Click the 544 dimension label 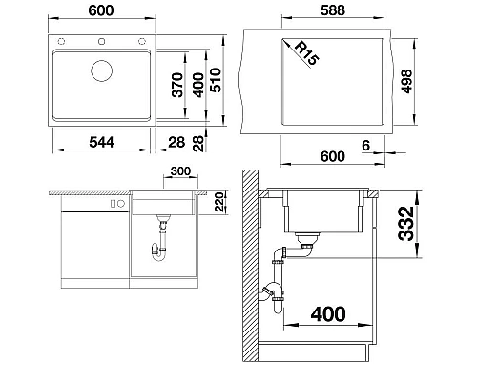coord(102,142)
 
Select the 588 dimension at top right coord(333,10)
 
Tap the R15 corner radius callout coord(306,53)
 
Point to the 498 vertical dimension coord(406,82)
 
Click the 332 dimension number coord(406,224)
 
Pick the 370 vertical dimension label coord(177,85)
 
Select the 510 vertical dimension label coord(216,80)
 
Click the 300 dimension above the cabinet coord(180,171)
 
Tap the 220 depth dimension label coord(219,202)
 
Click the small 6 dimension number coord(366,146)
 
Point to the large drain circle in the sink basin coord(101,71)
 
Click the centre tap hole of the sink coord(102,41)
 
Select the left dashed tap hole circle coord(61,41)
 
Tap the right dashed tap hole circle coord(142,41)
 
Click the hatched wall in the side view coord(250,266)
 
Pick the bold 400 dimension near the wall coord(328,314)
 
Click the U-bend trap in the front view coord(158,255)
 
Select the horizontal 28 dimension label coord(176,143)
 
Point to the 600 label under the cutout coord(332,156)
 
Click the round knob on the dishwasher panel coord(121,204)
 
